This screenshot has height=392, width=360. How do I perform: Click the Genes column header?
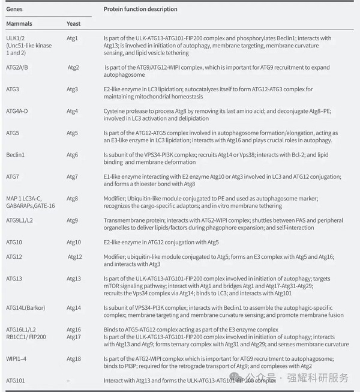tap(14, 10)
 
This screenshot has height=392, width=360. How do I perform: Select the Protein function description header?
tap(140, 10)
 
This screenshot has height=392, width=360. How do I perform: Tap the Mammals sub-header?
tap(19, 23)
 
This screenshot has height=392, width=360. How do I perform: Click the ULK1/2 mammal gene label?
tap(16, 38)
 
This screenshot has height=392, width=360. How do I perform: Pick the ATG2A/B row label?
tap(17, 67)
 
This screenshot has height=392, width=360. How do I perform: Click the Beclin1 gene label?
tap(16, 155)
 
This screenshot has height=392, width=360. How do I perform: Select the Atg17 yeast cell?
tap(74, 337)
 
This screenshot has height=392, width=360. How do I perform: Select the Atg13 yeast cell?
tap(74, 279)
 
